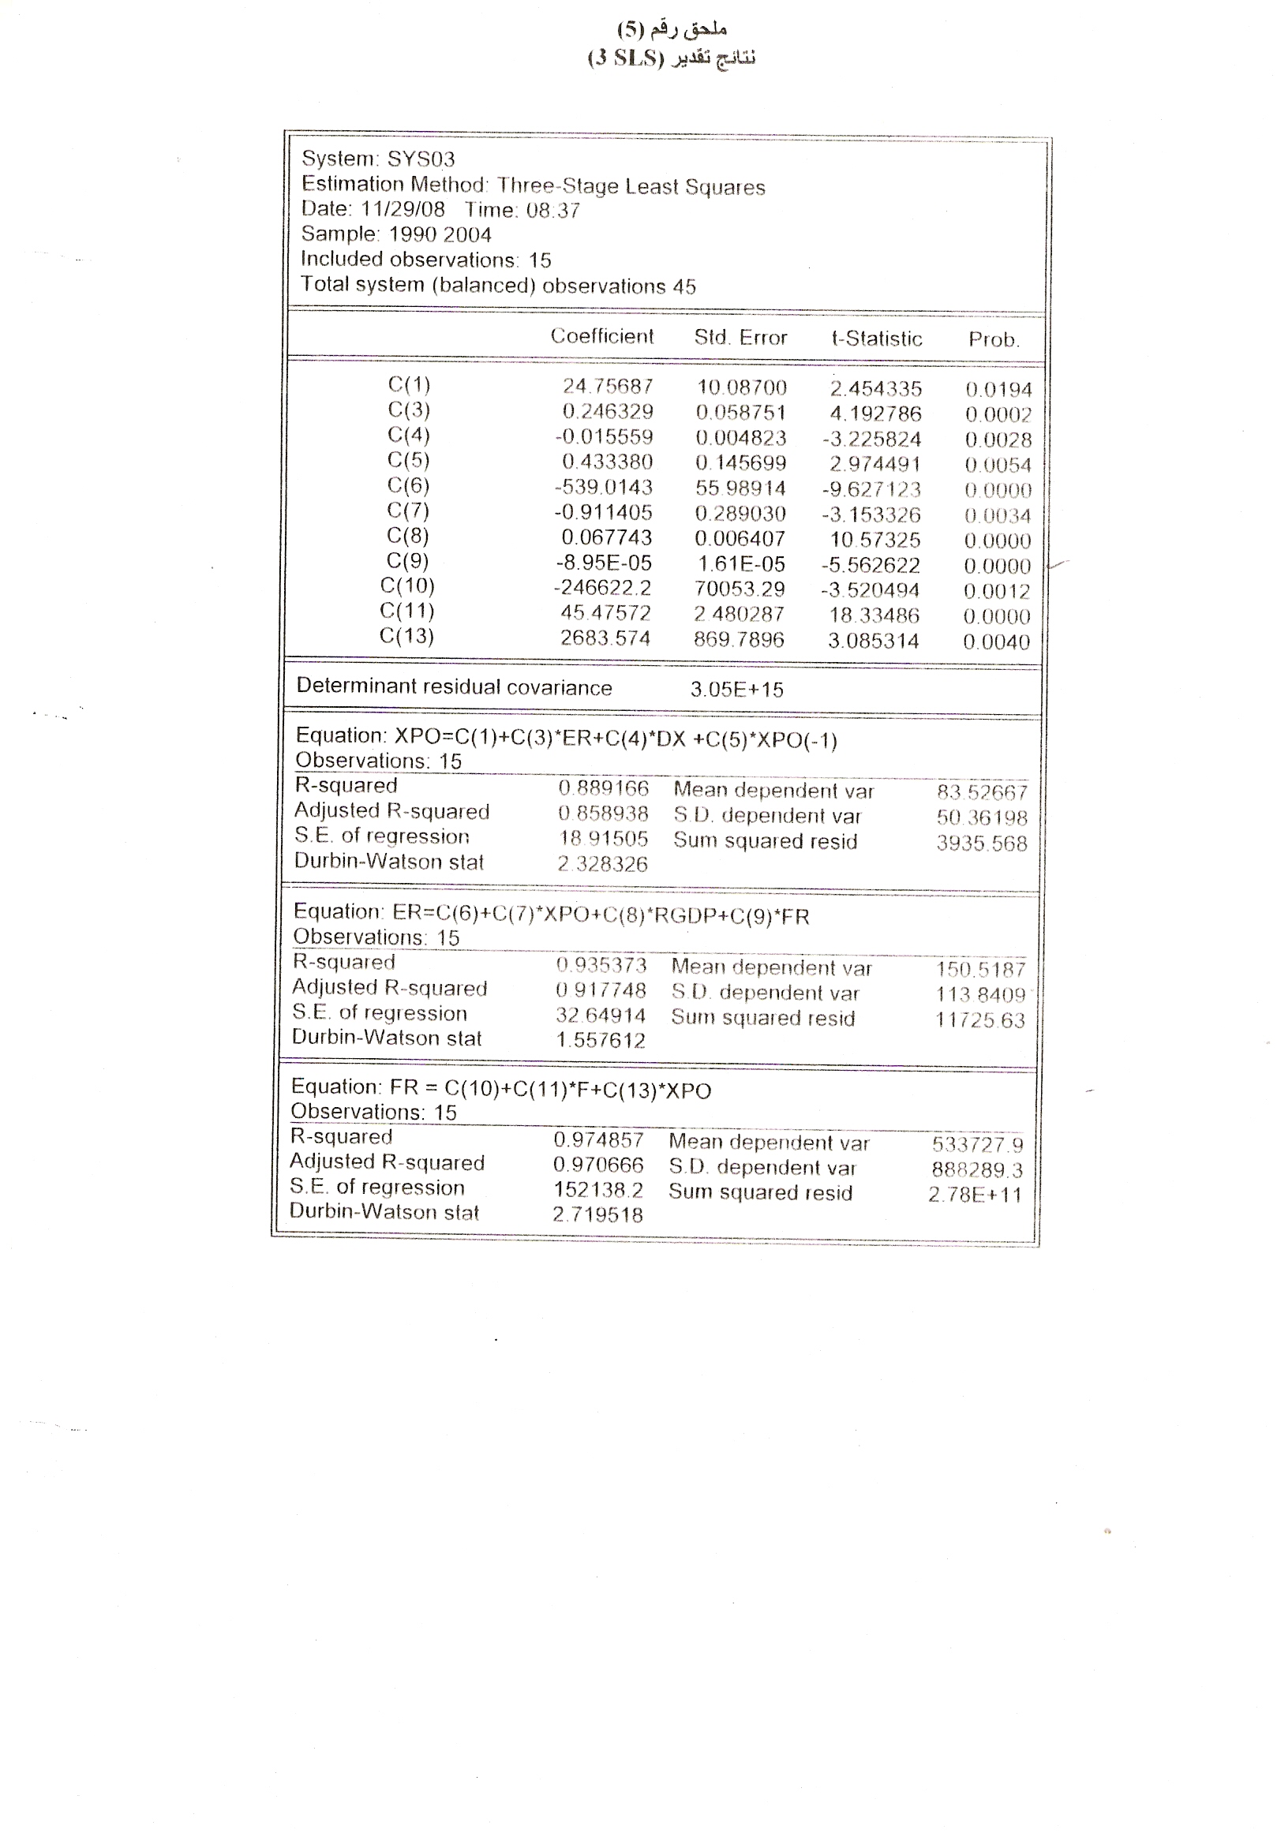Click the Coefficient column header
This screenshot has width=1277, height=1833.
tap(601, 336)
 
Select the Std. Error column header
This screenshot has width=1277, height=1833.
tap(740, 338)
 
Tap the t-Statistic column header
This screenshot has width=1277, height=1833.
tap(877, 339)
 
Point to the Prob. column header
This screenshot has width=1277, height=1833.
tap(994, 339)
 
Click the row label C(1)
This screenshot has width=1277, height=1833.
tap(409, 385)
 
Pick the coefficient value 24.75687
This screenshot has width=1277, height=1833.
tap(608, 387)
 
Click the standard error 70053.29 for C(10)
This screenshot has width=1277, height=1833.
tap(740, 589)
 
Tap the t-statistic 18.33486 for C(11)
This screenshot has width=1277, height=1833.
tap(874, 615)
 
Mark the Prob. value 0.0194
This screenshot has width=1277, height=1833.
tap(998, 390)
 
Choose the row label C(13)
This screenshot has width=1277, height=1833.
tap(406, 636)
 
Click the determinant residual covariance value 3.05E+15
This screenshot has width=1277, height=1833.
tap(736, 690)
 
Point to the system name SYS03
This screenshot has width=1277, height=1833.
tap(421, 159)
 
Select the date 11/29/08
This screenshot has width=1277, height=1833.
tap(403, 209)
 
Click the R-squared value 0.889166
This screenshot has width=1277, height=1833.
tap(603, 789)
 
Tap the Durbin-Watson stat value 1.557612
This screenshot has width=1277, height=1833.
tap(601, 1040)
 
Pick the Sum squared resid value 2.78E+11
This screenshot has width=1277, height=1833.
tap(974, 1195)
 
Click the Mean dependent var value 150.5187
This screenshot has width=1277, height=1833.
tap(980, 970)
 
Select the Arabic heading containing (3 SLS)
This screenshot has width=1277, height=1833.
tap(671, 58)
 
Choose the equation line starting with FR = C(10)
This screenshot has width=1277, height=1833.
tap(500, 1090)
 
